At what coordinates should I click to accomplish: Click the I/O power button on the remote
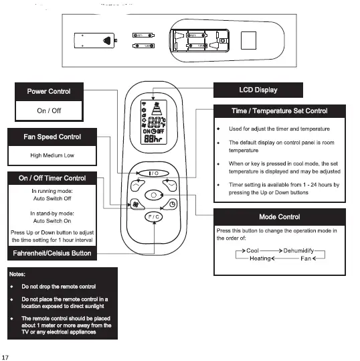click(x=153, y=173)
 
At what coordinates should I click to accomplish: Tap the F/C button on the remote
click(x=153, y=217)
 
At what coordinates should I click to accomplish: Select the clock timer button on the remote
click(x=173, y=204)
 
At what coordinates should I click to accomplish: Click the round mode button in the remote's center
click(x=154, y=196)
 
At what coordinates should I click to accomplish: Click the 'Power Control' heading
click(x=48, y=91)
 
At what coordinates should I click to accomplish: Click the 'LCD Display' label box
click(x=258, y=90)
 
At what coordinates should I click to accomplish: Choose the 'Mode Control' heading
click(x=279, y=217)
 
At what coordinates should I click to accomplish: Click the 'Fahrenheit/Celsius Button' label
click(x=52, y=253)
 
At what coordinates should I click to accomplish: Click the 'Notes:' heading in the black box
click(x=18, y=274)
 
